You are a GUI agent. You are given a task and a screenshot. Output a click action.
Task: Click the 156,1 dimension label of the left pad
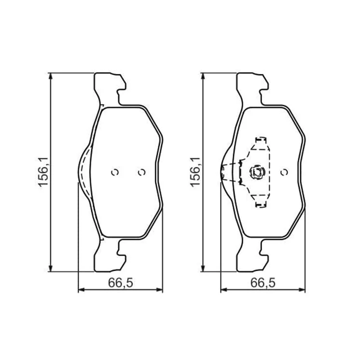coord(43,172)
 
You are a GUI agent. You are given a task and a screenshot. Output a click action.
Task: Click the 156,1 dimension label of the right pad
coord(195,172)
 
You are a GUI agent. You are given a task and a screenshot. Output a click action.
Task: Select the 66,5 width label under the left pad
coord(121,282)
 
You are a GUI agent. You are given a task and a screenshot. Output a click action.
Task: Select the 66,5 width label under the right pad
coord(263,282)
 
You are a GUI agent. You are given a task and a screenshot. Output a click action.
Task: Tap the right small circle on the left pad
coord(141,172)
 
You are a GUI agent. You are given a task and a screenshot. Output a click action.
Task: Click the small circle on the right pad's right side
coord(284,172)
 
